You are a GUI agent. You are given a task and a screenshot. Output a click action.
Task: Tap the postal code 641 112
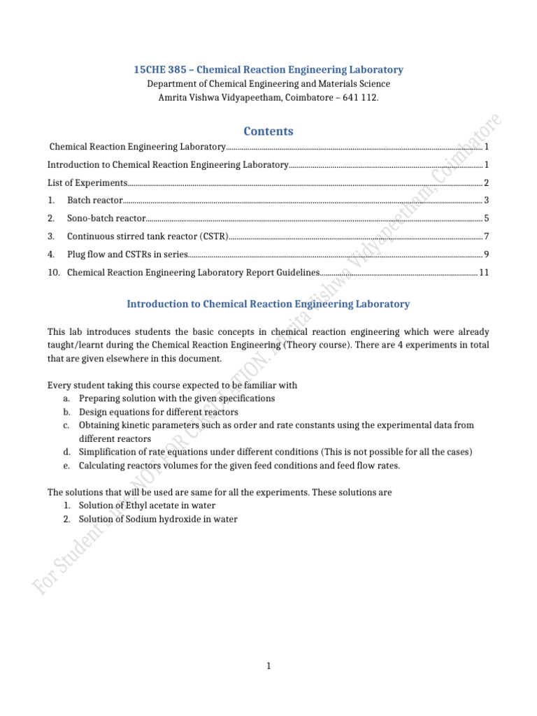(360, 97)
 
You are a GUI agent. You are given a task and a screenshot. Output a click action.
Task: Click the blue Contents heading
(268, 131)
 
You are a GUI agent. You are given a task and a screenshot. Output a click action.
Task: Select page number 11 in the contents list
(484, 273)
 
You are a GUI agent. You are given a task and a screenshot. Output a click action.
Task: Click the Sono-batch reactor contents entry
(106, 218)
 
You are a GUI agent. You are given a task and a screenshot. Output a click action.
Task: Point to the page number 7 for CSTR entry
(486, 236)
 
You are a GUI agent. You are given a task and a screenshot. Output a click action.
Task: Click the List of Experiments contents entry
(87, 182)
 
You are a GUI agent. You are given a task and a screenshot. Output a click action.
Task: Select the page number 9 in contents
(486, 255)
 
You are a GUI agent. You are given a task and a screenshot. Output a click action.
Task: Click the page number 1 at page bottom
(268, 666)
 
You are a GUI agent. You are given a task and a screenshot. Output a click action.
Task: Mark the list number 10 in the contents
(53, 273)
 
